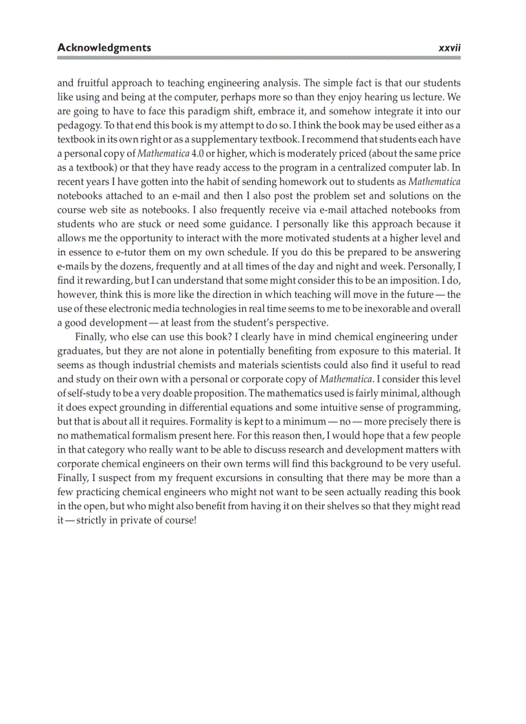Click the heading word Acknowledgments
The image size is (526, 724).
(104, 47)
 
